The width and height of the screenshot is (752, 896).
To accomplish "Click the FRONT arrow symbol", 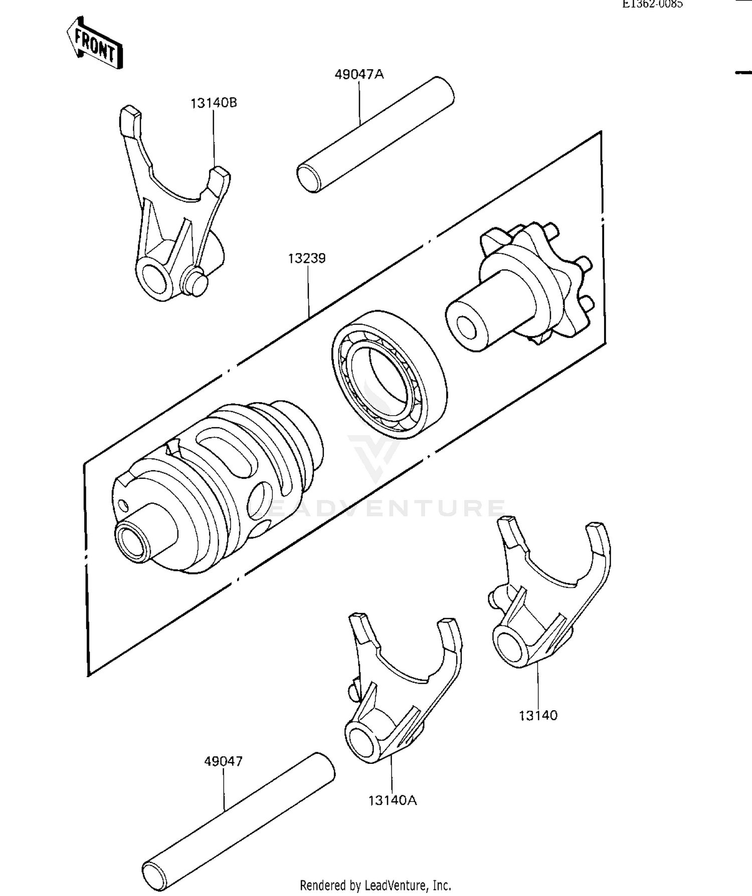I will pos(94,44).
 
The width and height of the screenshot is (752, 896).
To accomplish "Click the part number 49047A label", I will pos(359,75).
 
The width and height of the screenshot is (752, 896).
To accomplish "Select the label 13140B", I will pos(214,103).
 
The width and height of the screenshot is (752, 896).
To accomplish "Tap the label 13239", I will pos(307,258).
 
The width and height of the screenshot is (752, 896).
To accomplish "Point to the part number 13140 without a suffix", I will pos(538,716).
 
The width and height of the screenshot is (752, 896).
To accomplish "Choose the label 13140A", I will pos(393,801).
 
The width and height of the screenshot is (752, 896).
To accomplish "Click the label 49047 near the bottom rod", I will pos(223,762).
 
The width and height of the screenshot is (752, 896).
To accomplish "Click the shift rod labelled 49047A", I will pos(376,134).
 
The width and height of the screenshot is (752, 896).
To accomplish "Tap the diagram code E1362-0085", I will pos(652,5).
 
